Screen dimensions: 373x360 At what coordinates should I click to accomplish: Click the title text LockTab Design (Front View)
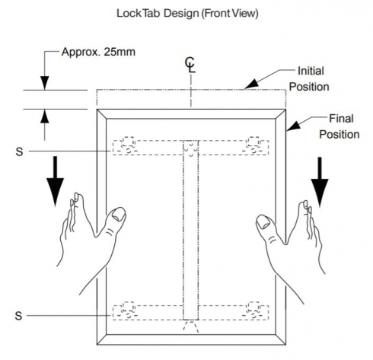tap(187, 13)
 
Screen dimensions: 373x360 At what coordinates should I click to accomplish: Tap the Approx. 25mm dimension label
tap(98, 52)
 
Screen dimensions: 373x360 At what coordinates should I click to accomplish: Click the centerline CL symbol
tap(190, 65)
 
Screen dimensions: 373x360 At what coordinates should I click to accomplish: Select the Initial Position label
tap(309, 78)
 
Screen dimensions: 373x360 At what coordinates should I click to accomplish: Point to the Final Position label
tap(340, 126)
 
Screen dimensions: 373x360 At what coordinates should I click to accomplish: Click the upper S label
tap(19, 151)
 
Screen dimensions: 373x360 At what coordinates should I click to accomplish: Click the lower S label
tap(18, 316)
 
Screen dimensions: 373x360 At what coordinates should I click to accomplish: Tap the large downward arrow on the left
tap(55, 181)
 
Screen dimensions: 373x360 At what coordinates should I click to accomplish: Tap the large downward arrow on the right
tap(320, 182)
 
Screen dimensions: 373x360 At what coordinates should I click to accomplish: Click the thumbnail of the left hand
tap(119, 214)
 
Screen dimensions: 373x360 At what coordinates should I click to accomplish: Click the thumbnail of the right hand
tap(263, 221)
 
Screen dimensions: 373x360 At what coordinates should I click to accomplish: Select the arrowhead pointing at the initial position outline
tap(251, 84)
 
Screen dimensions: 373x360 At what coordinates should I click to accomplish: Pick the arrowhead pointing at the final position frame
tap(293, 126)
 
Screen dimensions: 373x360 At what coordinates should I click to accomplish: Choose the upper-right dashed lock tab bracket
tap(256, 146)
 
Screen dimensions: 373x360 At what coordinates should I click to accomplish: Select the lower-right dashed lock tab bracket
tap(256, 311)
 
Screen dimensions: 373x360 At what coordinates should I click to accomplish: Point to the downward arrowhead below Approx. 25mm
tap(45, 83)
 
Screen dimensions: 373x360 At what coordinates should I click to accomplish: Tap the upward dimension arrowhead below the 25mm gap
tap(45, 116)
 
